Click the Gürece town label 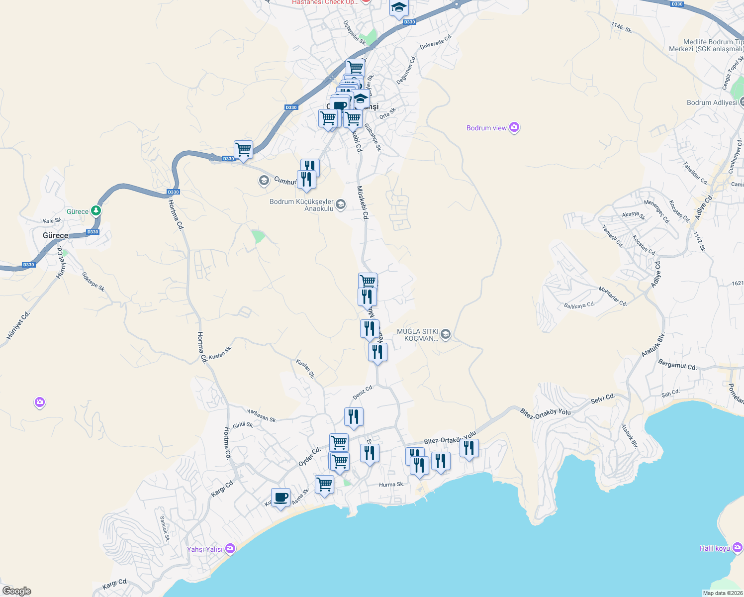55,235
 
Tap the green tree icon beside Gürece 96,211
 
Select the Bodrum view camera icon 514,128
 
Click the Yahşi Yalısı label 204,549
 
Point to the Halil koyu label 715,548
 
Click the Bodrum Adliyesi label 712,102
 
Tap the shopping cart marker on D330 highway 243,149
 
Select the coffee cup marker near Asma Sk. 280,497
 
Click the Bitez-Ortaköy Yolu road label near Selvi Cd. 545,412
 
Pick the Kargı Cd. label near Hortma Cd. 222,488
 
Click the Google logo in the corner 16,591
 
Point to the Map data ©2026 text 722,593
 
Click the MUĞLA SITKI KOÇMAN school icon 446,334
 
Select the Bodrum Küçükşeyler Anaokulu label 301,205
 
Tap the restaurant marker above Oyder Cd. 354,416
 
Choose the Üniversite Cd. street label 436,42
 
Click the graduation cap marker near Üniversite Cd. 399,8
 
